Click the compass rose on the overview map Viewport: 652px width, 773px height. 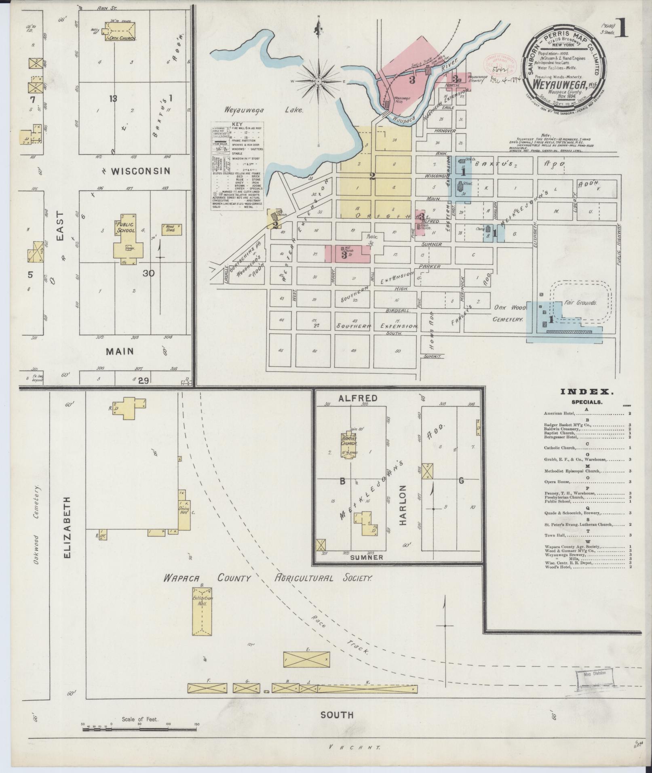tap(319, 81)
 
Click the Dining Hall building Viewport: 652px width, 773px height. tap(185, 511)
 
